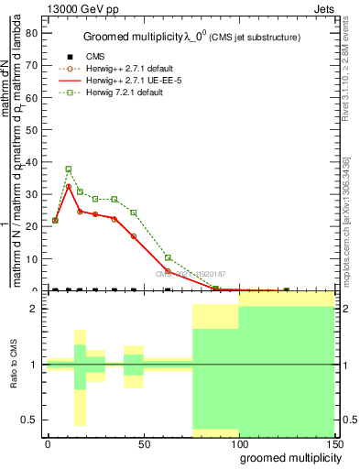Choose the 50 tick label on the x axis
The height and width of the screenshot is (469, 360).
[143, 442]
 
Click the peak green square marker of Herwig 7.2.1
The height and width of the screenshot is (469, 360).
[69, 169]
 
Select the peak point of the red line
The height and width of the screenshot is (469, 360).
[69, 186]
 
